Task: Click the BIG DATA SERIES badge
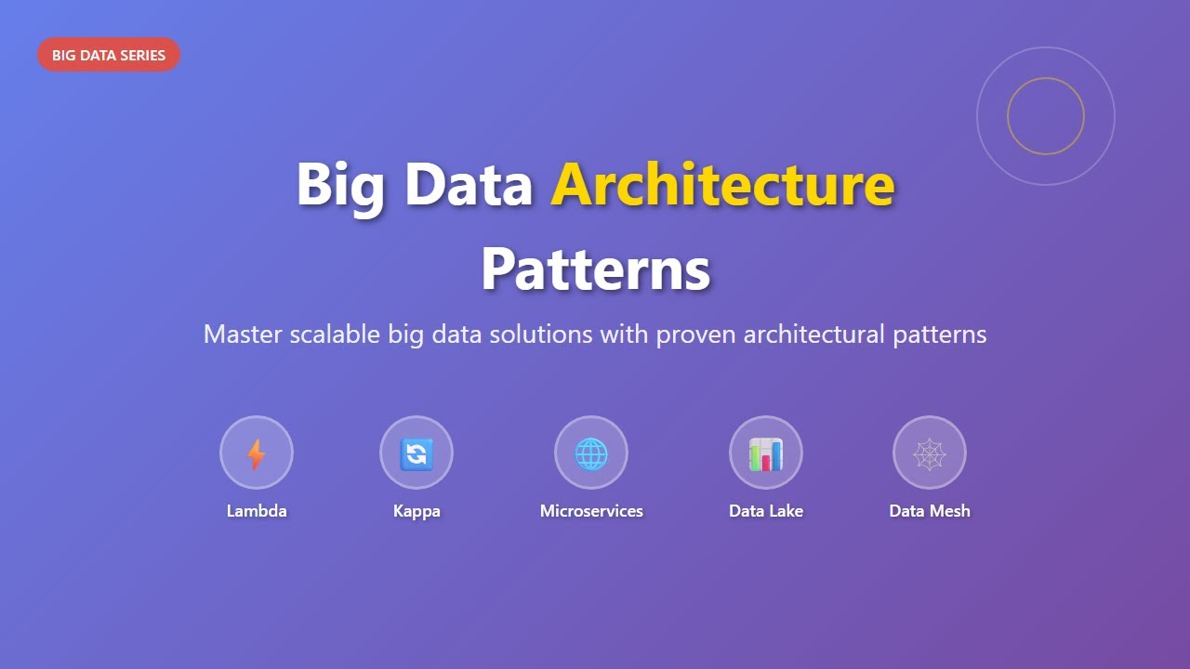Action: click(109, 55)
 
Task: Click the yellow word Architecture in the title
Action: click(722, 185)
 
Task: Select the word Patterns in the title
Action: click(595, 269)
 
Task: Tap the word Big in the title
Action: click(339, 185)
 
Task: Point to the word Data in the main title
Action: click(468, 185)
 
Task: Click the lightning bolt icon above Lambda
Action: click(257, 453)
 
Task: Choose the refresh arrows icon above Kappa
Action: click(416, 453)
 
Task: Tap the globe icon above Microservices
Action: click(591, 453)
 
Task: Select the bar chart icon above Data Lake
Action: click(766, 453)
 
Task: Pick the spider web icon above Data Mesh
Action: click(930, 453)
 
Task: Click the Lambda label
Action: click(257, 511)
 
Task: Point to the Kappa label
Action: click(416, 511)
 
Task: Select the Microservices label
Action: click(591, 511)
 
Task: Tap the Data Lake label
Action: click(766, 511)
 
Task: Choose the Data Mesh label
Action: click(930, 511)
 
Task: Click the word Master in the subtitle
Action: click(243, 334)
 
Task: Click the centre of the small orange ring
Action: click(1046, 116)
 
